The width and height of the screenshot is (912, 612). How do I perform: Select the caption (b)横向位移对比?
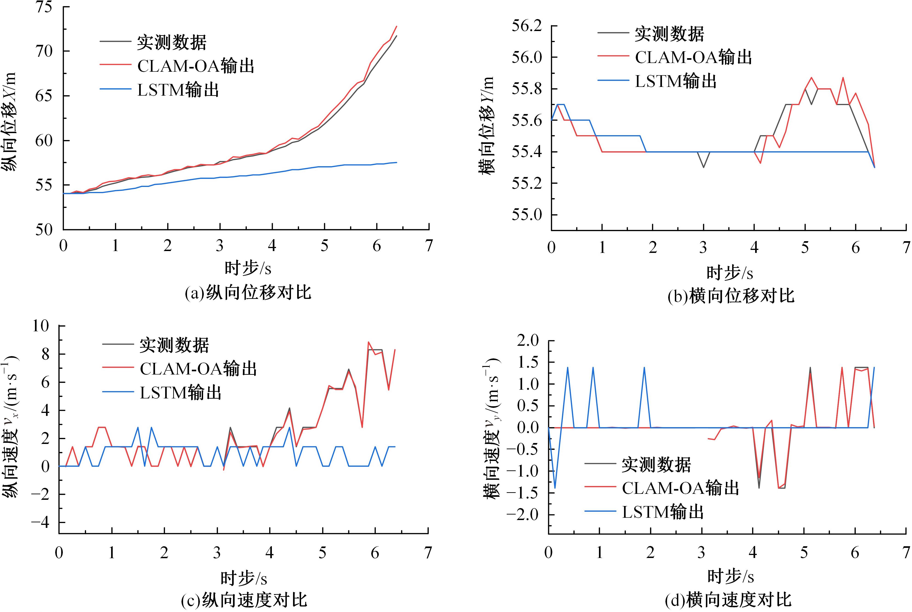click(731, 296)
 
